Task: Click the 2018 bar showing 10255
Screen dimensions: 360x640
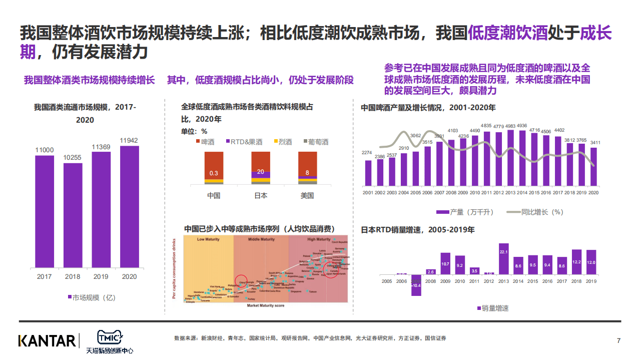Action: click(73, 215)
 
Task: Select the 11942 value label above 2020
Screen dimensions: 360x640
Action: click(130, 140)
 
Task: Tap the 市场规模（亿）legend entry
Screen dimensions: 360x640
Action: click(91, 297)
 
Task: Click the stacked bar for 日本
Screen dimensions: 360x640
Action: click(261, 168)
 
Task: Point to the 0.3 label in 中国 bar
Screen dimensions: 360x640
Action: click(214, 173)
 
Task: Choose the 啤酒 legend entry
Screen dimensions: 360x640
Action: click(205, 142)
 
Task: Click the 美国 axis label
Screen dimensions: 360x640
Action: click(307, 196)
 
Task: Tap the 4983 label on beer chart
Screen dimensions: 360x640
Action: click(510, 126)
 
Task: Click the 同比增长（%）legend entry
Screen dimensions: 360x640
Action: click(535, 212)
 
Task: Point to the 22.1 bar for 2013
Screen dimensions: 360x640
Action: click(503, 259)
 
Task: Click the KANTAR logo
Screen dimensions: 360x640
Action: click(47, 340)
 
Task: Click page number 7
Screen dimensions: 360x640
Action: click(618, 341)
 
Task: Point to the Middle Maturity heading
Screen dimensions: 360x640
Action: click(261, 239)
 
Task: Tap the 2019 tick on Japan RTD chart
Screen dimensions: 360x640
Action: click(591, 281)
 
